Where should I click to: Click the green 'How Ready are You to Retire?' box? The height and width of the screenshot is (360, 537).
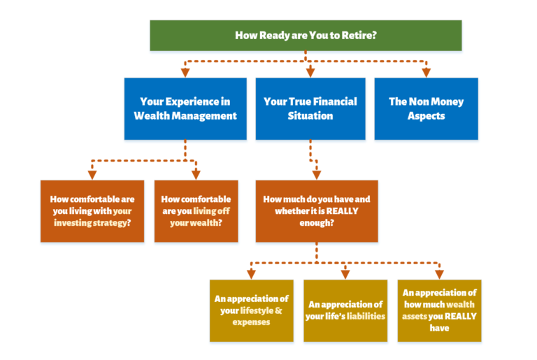(306, 35)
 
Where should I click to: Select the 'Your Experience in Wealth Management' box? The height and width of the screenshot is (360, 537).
(185, 108)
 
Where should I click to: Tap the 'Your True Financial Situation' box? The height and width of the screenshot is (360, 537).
(310, 108)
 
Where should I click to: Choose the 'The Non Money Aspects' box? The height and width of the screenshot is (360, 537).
(426, 108)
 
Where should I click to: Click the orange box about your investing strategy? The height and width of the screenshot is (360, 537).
(92, 211)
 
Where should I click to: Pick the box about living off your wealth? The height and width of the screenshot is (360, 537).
(196, 211)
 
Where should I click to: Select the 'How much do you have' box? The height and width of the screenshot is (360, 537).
(317, 211)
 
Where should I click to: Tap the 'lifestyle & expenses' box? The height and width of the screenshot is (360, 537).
(252, 310)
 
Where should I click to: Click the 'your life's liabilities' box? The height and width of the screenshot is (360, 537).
(345, 310)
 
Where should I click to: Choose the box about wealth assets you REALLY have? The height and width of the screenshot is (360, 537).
(439, 310)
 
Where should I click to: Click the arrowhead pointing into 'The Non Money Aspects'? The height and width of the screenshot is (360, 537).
(426, 73)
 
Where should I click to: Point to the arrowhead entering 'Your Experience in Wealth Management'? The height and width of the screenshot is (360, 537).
(185, 73)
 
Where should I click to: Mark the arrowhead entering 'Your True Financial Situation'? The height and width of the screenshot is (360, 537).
(310, 73)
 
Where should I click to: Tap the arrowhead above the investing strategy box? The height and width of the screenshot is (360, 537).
(92, 175)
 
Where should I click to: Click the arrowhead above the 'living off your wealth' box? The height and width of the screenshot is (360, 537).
(196, 175)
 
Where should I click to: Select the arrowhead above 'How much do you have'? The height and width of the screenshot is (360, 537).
(317, 175)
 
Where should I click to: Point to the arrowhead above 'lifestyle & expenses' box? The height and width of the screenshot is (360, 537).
(252, 274)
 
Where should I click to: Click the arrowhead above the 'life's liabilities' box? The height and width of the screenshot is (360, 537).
(345, 274)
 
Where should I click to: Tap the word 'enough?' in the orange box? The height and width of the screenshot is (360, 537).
(317, 223)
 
